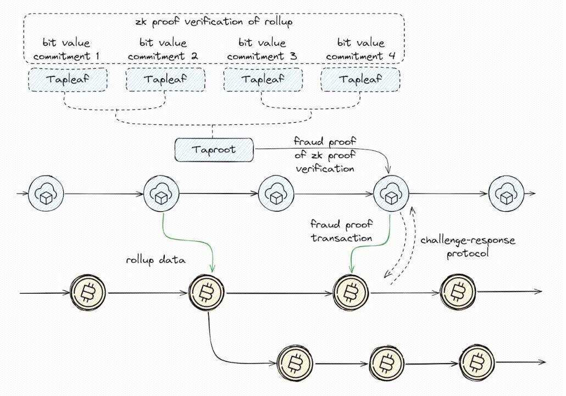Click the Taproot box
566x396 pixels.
[x=214, y=149]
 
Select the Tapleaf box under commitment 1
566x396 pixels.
[x=67, y=80]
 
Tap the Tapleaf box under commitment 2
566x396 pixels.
[x=165, y=80]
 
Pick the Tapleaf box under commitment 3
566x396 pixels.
[x=263, y=80]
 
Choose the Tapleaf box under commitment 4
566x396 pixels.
[x=360, y=80]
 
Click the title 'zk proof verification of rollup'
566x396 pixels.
[x=214, y=23]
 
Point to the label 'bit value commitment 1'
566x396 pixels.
[x=66, y=49]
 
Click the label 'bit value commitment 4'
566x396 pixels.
[x=360, y=49]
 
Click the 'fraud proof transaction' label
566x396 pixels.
[x=341, y=231]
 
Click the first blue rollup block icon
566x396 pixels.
[x=46, y=193]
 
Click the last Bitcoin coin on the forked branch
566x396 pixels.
[x=476, y=361]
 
